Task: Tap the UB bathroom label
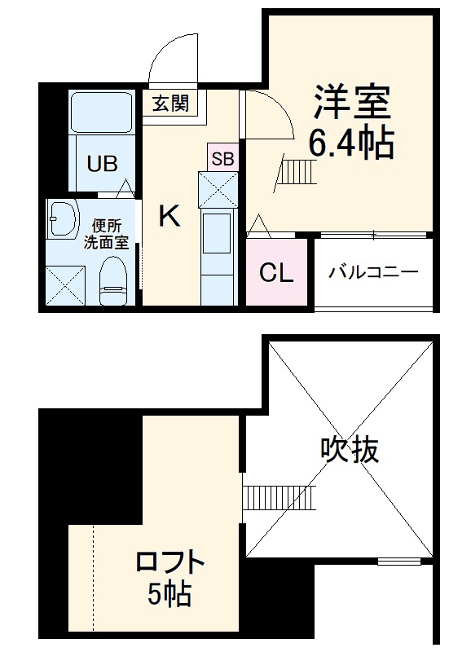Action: coord(103,164)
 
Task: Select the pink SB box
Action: coord(222,158)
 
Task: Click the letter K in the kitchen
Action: coord(169,216)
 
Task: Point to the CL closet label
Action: coord(276,274)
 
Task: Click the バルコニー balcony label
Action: coord(373,272)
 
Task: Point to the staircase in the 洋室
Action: coord(297,171)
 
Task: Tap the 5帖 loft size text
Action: coord(169,596)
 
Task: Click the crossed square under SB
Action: coord(218,190)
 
